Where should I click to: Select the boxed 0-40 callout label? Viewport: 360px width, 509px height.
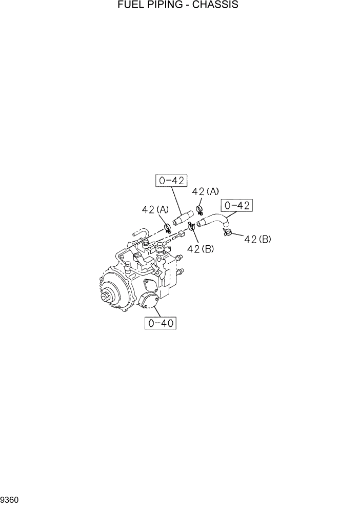coord(161,323)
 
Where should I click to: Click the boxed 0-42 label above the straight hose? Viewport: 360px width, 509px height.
coord(172,181)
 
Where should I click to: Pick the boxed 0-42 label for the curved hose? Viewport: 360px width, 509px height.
coord(237,206)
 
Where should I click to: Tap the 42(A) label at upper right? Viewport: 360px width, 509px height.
coord(205,191)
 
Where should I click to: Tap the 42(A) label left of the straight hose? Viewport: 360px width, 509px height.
coord(155,209)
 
